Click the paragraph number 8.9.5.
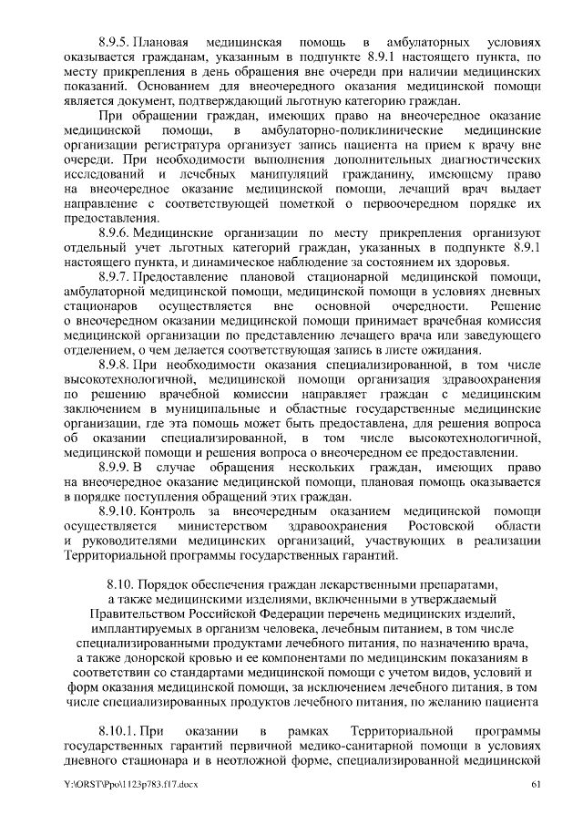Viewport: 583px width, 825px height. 114,43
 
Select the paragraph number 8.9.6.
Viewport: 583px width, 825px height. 114,233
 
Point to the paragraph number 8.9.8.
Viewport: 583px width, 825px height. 114,365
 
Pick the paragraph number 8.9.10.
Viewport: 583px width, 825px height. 118,511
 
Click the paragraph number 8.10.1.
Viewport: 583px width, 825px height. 118,732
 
